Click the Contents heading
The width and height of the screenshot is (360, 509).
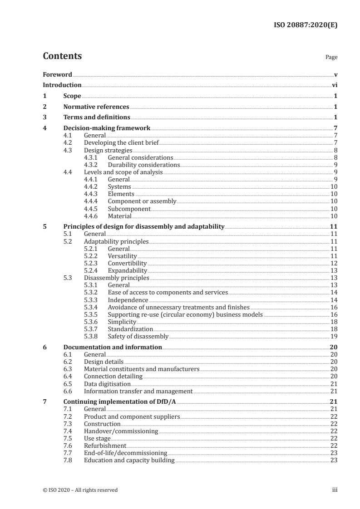tap(62, 56)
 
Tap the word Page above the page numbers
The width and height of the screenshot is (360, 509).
tap(331, 58)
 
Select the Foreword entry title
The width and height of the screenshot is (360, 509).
tap(57, 74)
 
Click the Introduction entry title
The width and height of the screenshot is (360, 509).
tap(62, 85)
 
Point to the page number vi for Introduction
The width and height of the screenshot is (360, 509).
tap(334, 85)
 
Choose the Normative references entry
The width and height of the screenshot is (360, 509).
tap(96, 107)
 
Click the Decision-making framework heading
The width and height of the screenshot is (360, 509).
tap(107, 128)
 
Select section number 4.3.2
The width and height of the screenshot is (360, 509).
tap(92, 165)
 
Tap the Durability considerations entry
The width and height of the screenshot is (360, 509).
tap(143, 165)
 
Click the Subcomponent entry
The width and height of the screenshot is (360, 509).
tap(129, 209)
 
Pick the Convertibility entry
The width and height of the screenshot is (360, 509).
tap(127, 263)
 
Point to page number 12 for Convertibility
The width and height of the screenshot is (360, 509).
tap(333, 263)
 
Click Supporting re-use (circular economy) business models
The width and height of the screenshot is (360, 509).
tap(185, 314)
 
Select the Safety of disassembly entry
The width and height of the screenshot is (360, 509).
tap(138, 337)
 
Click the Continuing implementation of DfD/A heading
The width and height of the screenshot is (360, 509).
tap(122, 401)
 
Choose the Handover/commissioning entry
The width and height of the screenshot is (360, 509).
tap(121, 431)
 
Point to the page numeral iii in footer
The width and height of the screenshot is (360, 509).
tap(335, 490)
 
